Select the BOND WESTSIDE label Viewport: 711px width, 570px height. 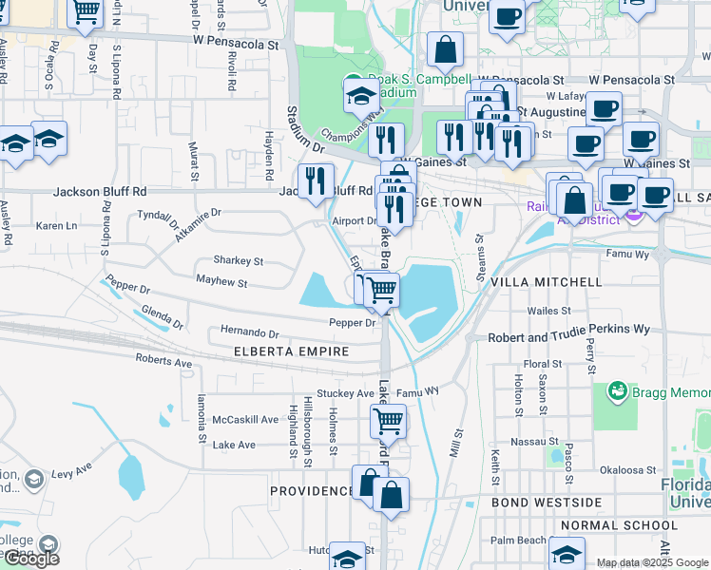point(547,502)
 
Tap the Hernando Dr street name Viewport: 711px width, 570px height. point(249,334)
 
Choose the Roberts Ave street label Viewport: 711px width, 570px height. point(163,362)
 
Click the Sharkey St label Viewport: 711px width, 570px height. point(238,260)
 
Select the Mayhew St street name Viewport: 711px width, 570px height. point(221,282)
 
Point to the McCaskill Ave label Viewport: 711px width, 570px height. point(245,419)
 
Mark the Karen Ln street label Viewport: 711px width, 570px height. point(56,226)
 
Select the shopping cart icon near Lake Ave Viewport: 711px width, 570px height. point(388,420)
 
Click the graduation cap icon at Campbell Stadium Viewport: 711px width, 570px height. point(361,95)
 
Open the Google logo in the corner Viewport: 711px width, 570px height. point(31,559)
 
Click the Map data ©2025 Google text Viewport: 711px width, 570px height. point(652,562)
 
